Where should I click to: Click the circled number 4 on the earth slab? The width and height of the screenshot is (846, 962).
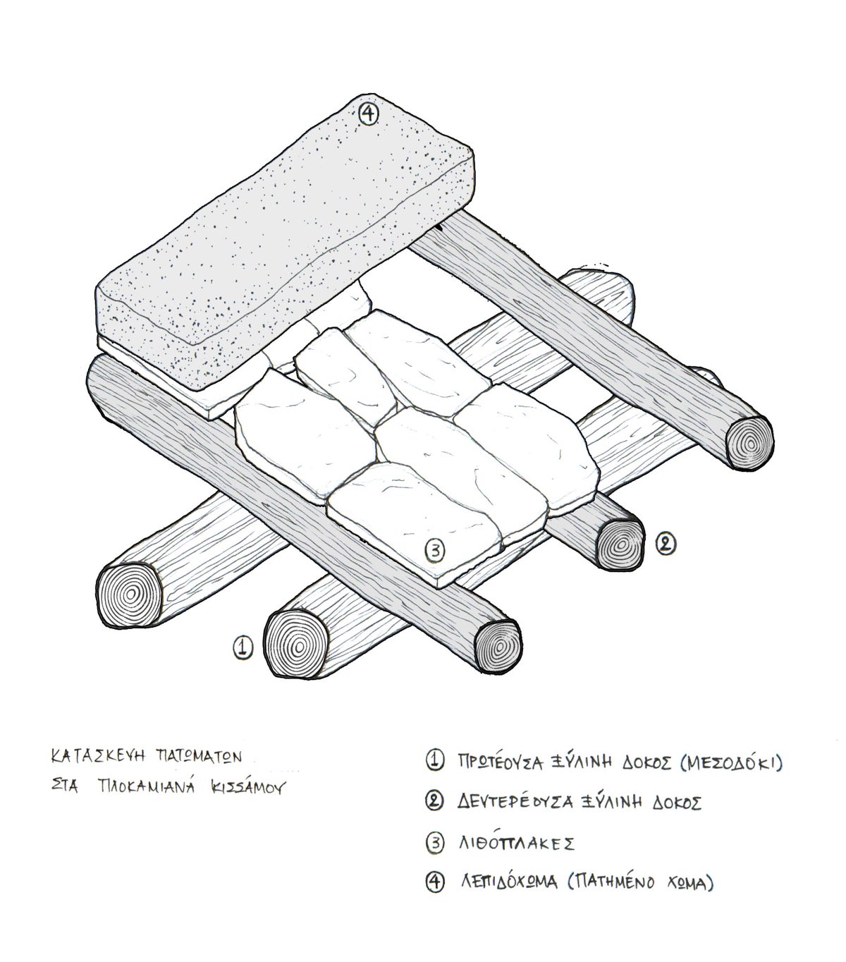point(368,114)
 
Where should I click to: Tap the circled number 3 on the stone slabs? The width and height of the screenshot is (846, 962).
point(434,551)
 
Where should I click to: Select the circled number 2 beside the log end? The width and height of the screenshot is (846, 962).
point(666,544)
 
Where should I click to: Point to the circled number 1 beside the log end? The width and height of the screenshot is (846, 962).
point(243,647)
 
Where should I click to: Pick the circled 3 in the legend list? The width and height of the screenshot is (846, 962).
point(435,843)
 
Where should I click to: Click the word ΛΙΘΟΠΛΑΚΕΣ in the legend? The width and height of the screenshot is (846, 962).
point(517,844)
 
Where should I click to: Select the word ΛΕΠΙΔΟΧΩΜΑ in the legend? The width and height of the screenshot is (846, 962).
point(510,882)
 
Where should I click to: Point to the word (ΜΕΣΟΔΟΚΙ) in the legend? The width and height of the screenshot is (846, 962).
point(731,762)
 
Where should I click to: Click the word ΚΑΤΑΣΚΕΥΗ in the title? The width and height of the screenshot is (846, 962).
point(98,756)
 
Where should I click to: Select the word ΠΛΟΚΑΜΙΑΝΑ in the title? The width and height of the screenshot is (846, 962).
point(146,787)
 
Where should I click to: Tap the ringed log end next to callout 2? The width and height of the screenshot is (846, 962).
point(620,544)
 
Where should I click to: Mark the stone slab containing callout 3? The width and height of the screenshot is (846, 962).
point(414,525)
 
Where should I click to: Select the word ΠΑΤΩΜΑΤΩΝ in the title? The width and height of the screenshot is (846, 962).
point(199,756)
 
